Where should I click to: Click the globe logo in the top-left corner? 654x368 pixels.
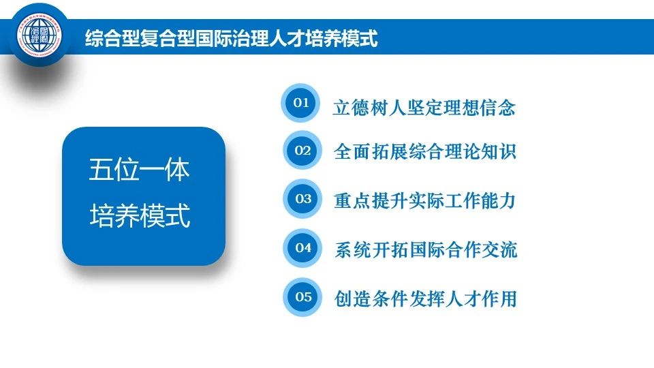click(40, 35)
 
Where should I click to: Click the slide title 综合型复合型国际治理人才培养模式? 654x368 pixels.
click(232, 38)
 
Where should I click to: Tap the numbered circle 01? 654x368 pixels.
click(300, 103)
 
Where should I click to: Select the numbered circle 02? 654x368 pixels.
click(302, 150)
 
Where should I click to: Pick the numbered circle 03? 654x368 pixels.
click(303, 198)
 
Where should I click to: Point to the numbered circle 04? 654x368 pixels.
click(303, 247)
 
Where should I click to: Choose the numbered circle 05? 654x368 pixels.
click(303, 296)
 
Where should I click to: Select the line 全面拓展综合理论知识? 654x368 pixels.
click(425, 151)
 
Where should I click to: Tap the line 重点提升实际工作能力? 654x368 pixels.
click(425, 200)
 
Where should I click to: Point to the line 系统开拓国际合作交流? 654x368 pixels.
click(426, 250)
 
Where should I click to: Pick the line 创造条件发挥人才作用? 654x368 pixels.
click(426, 298)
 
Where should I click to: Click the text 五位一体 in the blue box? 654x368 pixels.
click(139, 170)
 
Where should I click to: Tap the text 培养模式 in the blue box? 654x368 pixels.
click(140, 215)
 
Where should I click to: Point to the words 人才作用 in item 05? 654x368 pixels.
click(481, 298)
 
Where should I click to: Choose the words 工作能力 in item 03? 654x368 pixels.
click(480, 200)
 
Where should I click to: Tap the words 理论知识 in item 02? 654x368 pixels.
click(480, 151)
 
